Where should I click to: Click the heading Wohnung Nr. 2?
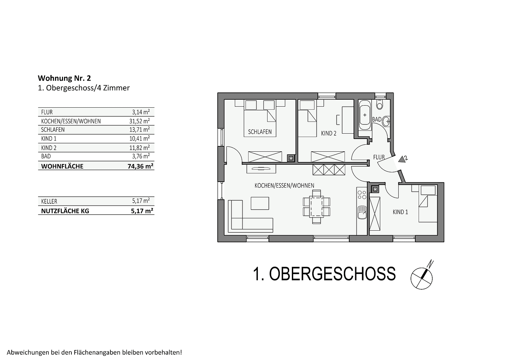(x=64, y=78)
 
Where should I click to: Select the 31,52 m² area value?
(x=139, y=121)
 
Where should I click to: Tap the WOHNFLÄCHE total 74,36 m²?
(x=140, y=166)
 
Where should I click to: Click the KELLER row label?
(x=49, y=201)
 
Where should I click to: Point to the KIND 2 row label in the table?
(x=49, y=148)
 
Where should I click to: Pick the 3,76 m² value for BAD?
(x=141, y=156)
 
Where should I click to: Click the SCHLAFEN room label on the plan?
(x=260, y=132)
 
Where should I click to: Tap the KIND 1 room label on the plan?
(x=400, y=212)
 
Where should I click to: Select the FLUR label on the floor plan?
(x=379, y=157)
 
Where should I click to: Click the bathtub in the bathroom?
(x=365, y=115)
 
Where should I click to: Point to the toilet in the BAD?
(x=380, y=104)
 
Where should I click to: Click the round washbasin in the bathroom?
(x=386, y=121)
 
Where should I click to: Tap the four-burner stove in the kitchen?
(x=362, y=195)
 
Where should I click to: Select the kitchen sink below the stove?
(x=362, y=212)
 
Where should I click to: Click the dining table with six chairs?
(x=317, y=207)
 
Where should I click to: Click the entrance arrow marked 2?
(x=402, y=159)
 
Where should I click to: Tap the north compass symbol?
(x=422, y=275)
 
